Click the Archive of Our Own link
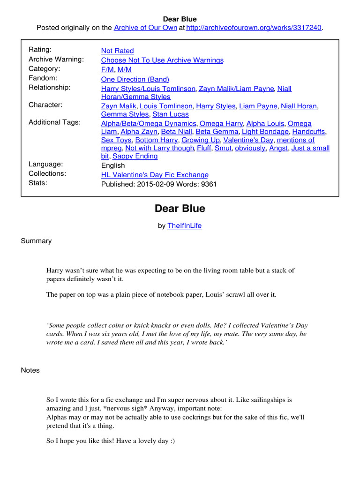coord(145,28)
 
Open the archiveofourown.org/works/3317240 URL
coord(254,28)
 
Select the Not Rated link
coord(117,51)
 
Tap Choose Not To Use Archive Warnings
coord(162,60)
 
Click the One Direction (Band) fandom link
coord(135,79)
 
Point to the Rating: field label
coord(40,50)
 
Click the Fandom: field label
coord(43,78)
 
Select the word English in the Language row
coord(113,165)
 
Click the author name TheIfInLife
coord(184,225)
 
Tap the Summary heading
coord(36,241)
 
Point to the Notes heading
coord(30,370)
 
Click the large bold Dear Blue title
coord(180,208)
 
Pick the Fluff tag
coord(204,148)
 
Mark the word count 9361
coord(208,184)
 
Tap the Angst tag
coord(279,148)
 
